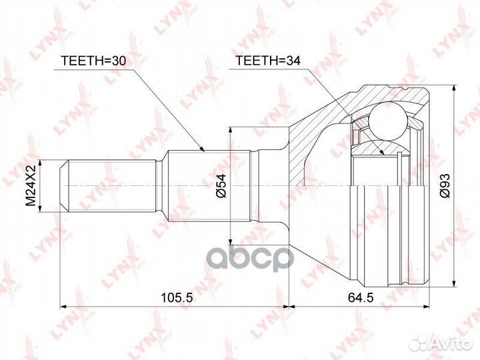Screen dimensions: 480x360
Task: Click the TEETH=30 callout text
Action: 93,61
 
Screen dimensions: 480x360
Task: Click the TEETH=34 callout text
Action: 267,61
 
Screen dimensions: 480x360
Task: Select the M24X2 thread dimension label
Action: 31,185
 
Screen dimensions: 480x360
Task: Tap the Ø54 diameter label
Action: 221,185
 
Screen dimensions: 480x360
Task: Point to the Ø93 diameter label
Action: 445,185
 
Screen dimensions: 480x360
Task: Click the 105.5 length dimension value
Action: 177,297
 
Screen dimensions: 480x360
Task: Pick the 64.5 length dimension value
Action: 361,297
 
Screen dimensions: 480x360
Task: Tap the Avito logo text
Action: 453,343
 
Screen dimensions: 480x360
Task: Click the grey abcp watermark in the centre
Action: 251,259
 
